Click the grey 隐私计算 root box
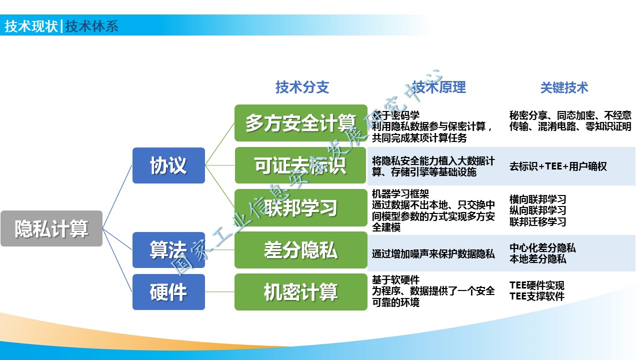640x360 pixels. tap(51, 228)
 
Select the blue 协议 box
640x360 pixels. tap(168, 165)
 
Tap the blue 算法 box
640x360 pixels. tap(168, 250)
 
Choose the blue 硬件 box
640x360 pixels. tap(168, 292)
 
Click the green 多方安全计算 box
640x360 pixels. tap(300, 123)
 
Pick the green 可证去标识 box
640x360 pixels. tap(300, 165)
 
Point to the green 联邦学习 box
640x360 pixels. tap(300, 207)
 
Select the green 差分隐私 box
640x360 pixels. tap(300, 250)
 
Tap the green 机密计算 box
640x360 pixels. tap(300, 292)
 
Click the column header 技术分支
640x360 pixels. tap(302, 87)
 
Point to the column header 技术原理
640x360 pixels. tap(439, 87)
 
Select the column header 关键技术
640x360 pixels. tap(564, 88)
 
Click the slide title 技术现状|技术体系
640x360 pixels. tap(61, 26)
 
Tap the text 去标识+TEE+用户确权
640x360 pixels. tap(558, 166)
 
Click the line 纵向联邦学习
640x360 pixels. tap(537, 210)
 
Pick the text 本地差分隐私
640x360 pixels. tap(537, 259)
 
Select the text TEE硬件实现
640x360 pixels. tap(537, 285)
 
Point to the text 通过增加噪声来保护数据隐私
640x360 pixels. tap(433, 254)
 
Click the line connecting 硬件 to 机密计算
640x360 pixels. tap(219, 292)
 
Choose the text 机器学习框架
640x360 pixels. tap(400, 194)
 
